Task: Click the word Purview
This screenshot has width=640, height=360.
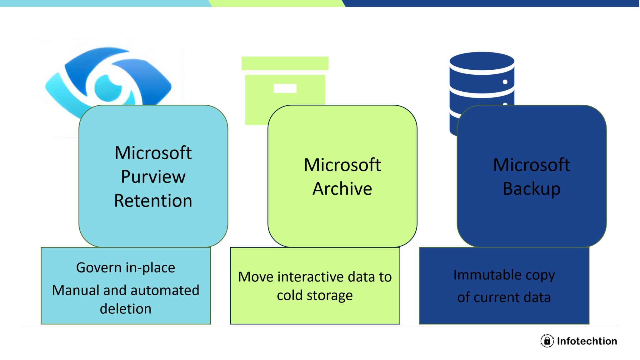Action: [x=153, y=177]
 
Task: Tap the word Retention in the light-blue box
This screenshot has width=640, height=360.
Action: [x=153, y=201]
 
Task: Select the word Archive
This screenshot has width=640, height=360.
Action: [x=342, y=189]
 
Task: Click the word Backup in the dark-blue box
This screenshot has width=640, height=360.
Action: [x=531, y=189]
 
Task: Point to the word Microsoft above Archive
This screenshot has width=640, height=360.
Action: [x=342, y=165]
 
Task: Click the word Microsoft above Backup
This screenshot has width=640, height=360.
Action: [x=531, y=165]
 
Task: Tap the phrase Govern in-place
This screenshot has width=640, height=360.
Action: [x=126, y=268]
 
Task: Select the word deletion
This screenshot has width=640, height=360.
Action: [x=126, y=309]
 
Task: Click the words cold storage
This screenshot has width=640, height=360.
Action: [x=315, y=295]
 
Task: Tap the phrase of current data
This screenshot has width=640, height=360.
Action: [x=504, y=297]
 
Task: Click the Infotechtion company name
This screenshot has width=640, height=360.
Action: [x=587, y=341]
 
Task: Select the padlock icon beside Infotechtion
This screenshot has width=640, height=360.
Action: [x=547, y=341]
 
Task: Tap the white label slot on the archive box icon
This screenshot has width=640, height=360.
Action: [x=285, y=88]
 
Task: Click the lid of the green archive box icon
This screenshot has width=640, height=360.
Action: [x=285, y=63]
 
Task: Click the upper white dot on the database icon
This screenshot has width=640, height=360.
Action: [x=505, y=82]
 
